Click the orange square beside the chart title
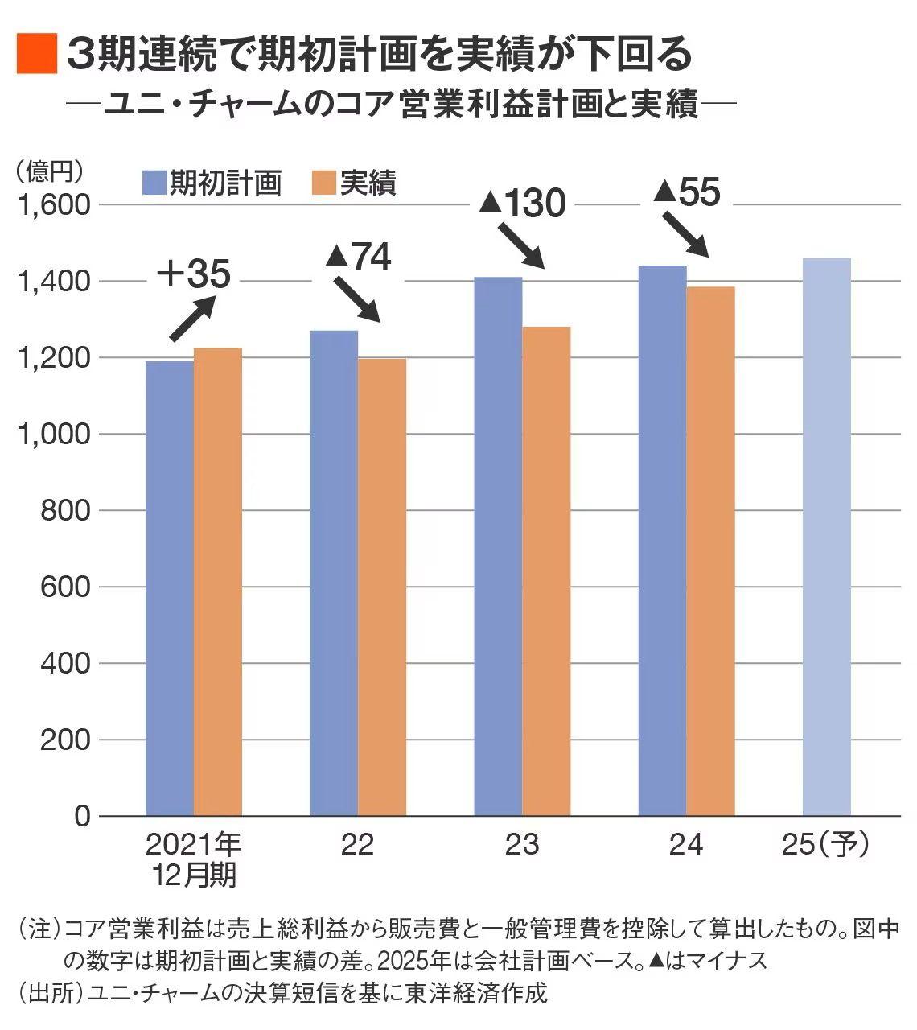36,54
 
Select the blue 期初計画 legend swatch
154,183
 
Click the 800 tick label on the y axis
66,510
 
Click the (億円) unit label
49,170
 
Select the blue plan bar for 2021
169,587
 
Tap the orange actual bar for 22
381,587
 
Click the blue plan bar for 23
498,546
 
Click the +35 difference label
193,274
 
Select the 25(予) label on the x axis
825,845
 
